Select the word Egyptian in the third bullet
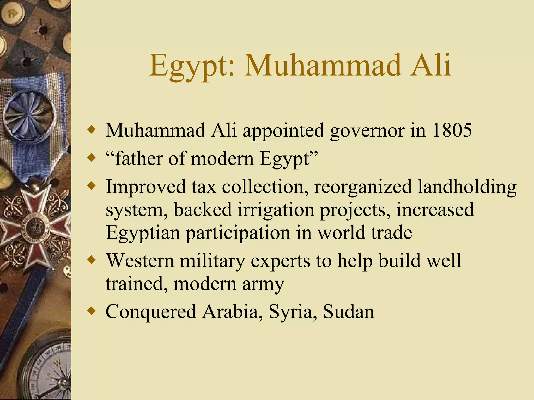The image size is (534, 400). coord(143,232)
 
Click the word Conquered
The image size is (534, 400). coord(151,311)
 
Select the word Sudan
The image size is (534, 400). coord(348,311)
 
